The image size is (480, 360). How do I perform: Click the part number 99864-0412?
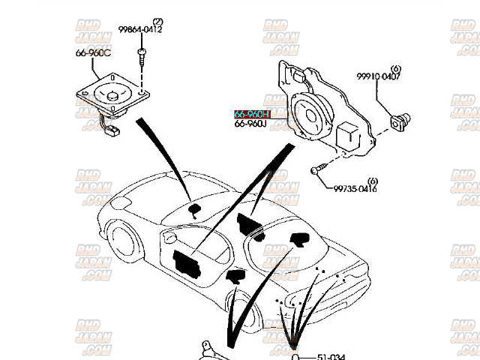(x=139, y=31)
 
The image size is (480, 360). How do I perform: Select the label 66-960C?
(x=92, y=53)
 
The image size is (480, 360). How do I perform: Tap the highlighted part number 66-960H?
(x=250, y=114)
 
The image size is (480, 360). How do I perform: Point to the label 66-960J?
(x=250, y=123)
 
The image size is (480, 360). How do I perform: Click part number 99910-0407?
(x=378, y=77)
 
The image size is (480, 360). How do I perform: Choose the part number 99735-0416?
(x=355, y=189)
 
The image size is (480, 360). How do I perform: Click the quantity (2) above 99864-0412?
(x=157, y=21)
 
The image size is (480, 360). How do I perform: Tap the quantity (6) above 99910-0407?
(x=395, y=68)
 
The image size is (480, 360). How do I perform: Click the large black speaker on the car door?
(x=184, y=259)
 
